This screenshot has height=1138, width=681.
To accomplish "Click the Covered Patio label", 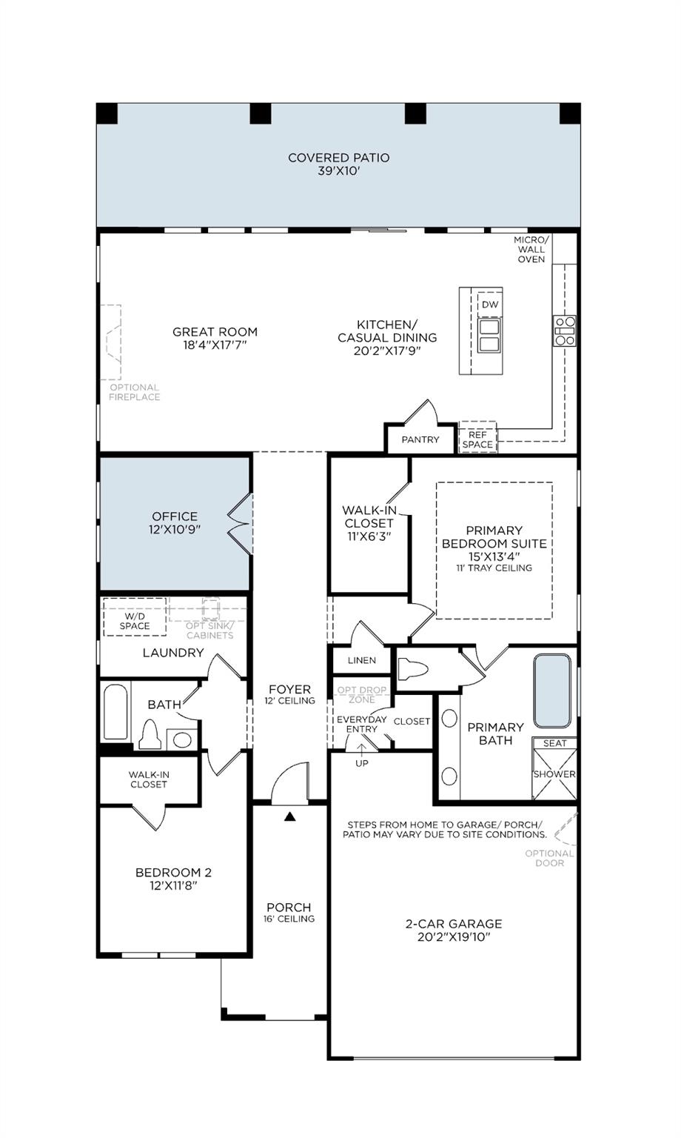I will pos(338,158).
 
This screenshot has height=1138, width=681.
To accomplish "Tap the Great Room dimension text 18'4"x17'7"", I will pos(215,345).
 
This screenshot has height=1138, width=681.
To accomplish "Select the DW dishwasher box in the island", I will pos(490,305).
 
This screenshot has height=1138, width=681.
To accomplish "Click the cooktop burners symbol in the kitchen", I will pos(565,331).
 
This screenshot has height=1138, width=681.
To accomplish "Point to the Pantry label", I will pos(420,439).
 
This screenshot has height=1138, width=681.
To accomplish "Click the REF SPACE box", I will pos(477,439).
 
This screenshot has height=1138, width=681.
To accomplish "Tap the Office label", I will pos(175,516).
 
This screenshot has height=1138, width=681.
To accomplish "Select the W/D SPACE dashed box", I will pos(135,621).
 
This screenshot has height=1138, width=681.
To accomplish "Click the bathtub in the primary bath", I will pos(552,691).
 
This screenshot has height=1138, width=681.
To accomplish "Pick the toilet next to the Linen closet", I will pos(413,670).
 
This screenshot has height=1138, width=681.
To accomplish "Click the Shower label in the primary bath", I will pos(554,774).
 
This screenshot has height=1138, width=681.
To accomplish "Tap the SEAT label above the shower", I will pos(554,743).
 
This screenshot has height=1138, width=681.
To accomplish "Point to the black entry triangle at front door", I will pos(290,816).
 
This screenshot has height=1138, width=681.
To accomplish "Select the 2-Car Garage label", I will pos(453,924).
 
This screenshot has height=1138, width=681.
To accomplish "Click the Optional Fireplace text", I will pos(134,392).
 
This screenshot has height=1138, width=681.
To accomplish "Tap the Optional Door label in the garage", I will pos(549,858).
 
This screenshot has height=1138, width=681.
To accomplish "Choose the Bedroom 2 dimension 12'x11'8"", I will pos(173,885).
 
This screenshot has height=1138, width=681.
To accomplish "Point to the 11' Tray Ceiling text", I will pos(494,568).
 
